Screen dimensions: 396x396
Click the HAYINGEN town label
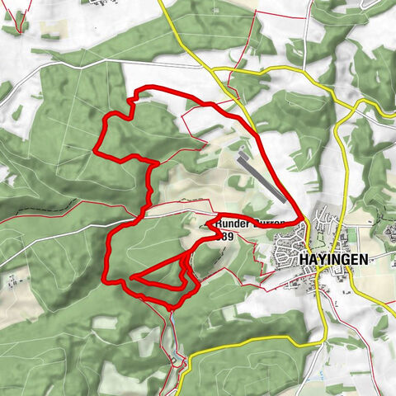point(335,258)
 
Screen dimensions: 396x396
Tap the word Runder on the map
point(230,224)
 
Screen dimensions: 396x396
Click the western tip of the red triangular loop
point(133,275)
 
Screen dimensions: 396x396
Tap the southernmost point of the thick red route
point(172,307)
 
